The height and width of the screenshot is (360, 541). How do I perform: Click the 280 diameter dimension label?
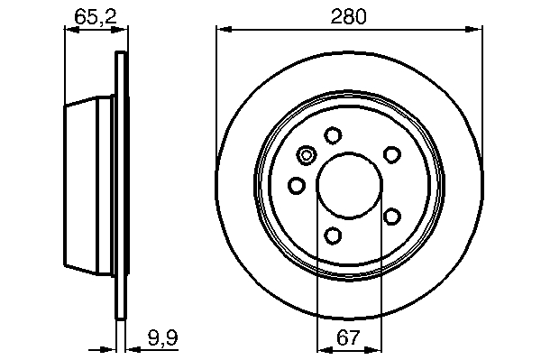point(348,16)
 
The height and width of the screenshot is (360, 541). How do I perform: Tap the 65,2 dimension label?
point(96,17)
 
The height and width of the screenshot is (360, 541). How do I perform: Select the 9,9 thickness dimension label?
point(163,337)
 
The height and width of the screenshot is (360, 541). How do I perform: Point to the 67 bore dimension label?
point(348,337)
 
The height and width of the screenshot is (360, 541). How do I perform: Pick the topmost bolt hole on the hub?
point(333,135)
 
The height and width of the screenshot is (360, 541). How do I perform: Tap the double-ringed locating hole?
point(307,155)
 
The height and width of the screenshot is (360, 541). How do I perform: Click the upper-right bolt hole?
point(392,154)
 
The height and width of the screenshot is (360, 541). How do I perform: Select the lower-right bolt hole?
point(392,217)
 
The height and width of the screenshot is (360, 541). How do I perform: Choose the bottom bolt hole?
point(333,235)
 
